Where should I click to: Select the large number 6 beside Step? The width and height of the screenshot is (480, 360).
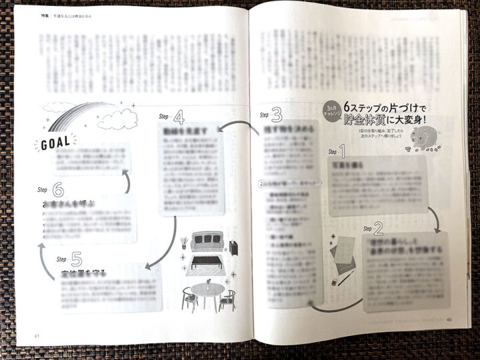(59, 190)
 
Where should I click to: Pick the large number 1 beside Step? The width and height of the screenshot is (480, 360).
(343, 151)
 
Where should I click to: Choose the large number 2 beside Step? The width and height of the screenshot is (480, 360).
(378, 229)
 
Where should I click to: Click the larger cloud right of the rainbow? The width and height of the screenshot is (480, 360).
(117, 121)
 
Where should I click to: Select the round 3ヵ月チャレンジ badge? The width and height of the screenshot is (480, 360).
(333, 110)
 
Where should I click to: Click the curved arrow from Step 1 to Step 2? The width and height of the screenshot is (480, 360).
(434, 215)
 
